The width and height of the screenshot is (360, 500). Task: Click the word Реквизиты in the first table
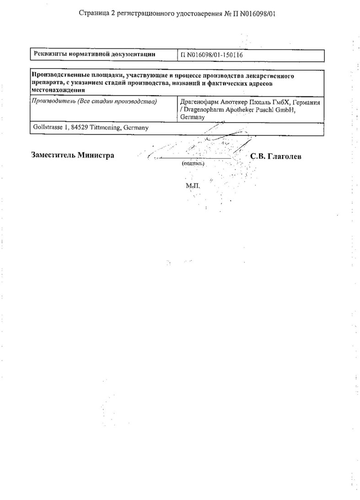[50, 54]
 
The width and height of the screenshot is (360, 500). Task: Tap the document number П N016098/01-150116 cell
[211, 55]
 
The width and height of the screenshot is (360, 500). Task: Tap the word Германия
[307, 102]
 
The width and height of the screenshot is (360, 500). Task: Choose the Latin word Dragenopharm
[204, 110]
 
